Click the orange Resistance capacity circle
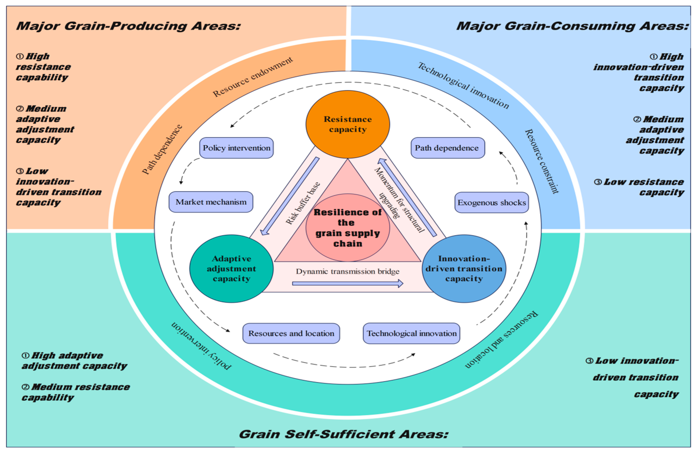[x=348, y=124]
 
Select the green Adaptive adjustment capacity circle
[x=231, y=269]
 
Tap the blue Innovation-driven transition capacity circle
[x=464, y=269]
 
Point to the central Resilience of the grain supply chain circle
[x=348, y=228]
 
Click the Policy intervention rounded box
[x=236, y=148]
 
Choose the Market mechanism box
[x=211, y=202]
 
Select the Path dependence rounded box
[x=448, y=148]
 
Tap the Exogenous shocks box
[x=492, y=203]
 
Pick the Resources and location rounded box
[x=291, y=333]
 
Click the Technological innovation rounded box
[x=411, y=333]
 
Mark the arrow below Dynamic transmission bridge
[x=348, y=283]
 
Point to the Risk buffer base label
[x=303, y=203]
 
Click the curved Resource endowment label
[x=253, y=77]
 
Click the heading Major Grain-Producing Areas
[x=128, y=26]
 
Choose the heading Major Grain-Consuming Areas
[x=572, y=26]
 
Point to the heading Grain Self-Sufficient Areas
[x=344, y=434]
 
